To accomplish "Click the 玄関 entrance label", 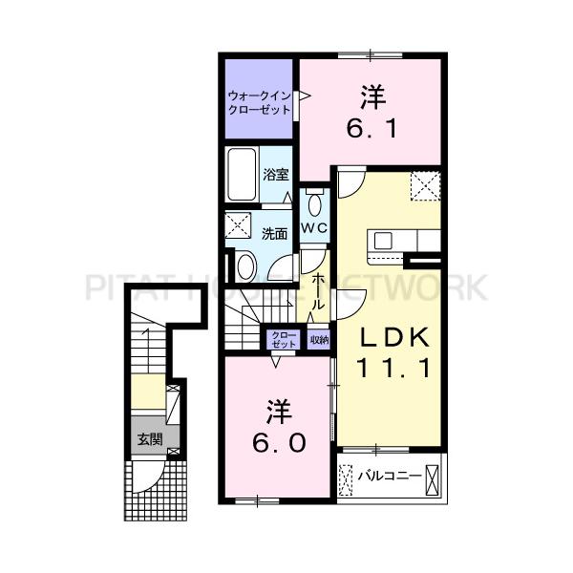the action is point(150,439).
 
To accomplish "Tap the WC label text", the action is point(314,228).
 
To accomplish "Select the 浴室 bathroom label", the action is point(276,175).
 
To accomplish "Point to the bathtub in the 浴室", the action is point(242,175).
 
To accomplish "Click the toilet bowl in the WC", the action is point(314,204).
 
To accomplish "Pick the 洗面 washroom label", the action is point(274,234).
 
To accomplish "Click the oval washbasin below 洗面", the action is point(246,266).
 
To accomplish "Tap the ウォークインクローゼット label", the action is point(259,103).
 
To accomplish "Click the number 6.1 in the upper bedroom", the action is point(371,129).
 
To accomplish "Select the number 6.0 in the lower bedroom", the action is point(279,443).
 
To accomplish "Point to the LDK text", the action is point(394,337).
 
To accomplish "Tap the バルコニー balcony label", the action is point(389,476).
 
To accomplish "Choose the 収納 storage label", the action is point(319,340).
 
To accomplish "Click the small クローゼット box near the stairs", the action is point(284,340).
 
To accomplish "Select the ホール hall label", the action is point(318,291).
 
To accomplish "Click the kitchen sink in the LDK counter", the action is point(383,242).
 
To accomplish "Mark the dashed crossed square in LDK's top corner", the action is point(425,186).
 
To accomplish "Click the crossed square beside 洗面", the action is point(238,225).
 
